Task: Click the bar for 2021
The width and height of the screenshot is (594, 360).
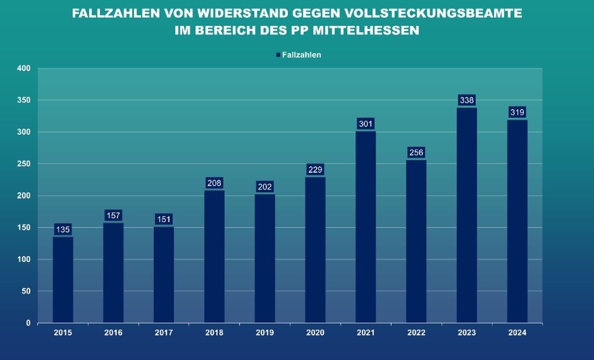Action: click(x=366, y=227)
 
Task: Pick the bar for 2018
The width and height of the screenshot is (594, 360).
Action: click(x=214, y=256)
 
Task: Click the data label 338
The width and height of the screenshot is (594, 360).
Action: click(x=467, y=100)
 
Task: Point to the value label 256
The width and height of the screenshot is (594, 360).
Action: click(x=416, y=153)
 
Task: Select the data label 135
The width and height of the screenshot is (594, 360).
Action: click(x=63, y=230)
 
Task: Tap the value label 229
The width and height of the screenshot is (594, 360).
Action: click(x=315, y=170)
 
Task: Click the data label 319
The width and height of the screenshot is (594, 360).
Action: click(x=517, y=112)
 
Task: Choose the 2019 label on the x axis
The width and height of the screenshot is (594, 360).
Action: click(x=265, y=333)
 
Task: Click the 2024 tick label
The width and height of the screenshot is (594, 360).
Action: click(x=517, y=333)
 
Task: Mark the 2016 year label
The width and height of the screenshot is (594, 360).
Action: click(x=113, y=333)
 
